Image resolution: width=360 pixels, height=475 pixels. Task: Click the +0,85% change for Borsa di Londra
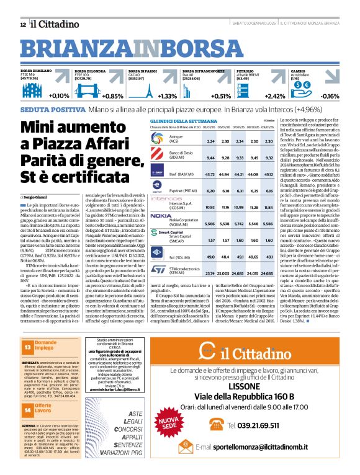(112, 96)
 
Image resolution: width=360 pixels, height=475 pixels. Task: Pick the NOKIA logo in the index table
(160, 215)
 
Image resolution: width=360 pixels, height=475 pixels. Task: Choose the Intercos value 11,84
(268, 207)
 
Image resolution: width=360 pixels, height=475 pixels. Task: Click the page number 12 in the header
(23, 24)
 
